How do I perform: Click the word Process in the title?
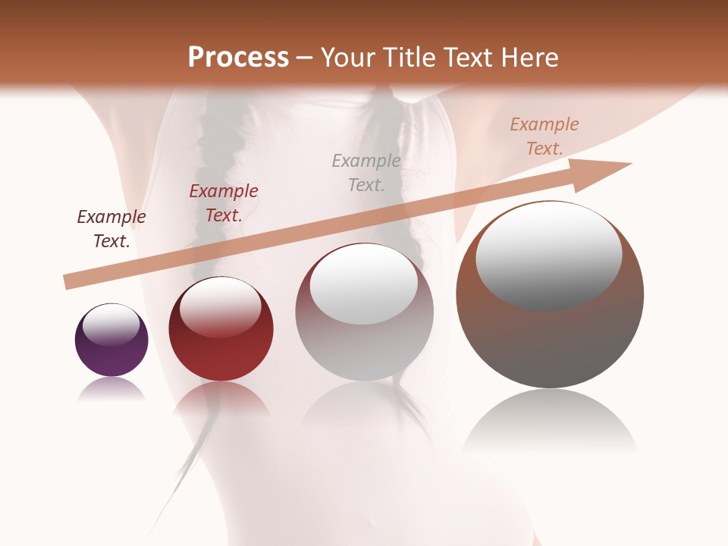(238, 58)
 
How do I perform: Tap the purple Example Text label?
(111, 229)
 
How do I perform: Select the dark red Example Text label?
(224, 203)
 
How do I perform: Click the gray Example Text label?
(366, 172)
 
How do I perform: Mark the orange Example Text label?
(544, 136)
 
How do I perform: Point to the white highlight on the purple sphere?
(111, 325)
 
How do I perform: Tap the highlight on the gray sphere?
(364, 284)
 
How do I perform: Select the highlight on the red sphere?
(220, 307)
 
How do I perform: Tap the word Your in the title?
(348, 58)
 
